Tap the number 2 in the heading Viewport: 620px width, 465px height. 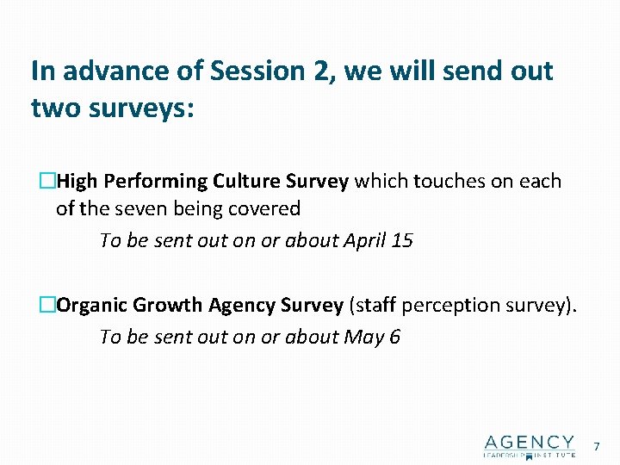click(320, 71)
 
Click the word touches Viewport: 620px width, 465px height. click(444, 182)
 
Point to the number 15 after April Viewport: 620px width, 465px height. click(401, 240)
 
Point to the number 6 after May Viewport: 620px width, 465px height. click(394, 337)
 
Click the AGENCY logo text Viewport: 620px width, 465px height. click(530, 443)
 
